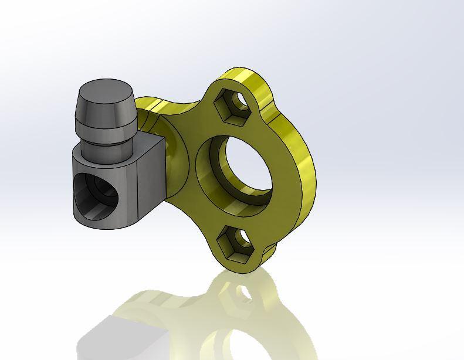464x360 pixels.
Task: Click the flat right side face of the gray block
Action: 152,176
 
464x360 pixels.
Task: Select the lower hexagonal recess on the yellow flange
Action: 233,242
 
